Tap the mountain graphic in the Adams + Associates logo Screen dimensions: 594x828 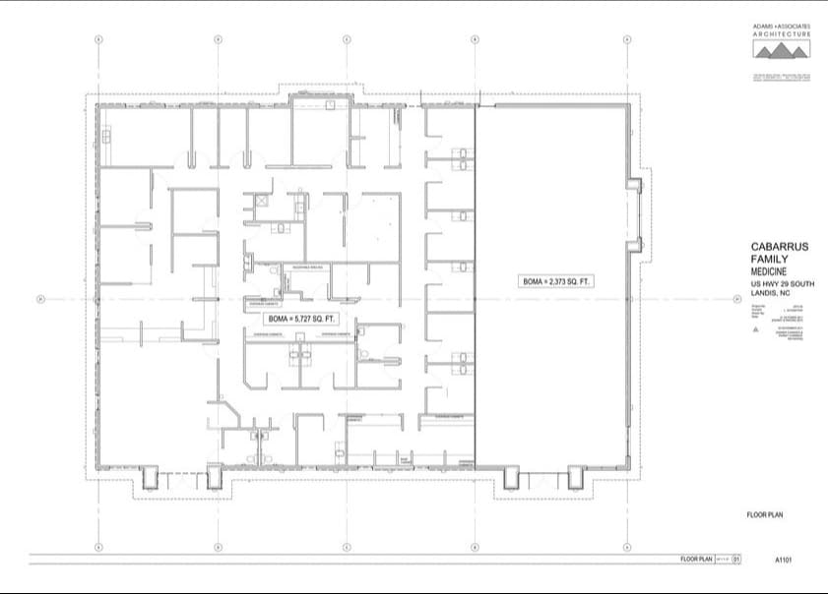click(x=782, y=48)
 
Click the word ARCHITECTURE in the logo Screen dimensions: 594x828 click(x=782, y=34)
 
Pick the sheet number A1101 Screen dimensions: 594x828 click(x=783, y=561)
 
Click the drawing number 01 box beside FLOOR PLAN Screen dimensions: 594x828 click(x=734, y=560)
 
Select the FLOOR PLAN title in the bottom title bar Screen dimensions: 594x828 click(x=696, y=560)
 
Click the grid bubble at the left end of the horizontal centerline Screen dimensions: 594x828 click(x=37, y=299)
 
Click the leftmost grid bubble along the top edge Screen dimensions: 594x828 click(x=97, y=39)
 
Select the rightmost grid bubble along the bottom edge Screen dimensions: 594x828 click(x=627, y=547)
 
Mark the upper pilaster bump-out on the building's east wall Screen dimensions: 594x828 click(x=637, y=183)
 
